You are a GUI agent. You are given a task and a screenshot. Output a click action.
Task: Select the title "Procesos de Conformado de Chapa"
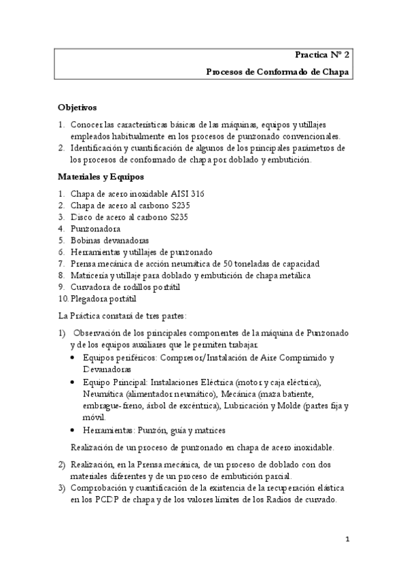(x=278, y=71)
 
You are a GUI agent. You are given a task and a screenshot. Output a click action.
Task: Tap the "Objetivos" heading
(x=77, y=108)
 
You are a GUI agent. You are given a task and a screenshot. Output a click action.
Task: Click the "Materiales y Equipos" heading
(x=100, y=177)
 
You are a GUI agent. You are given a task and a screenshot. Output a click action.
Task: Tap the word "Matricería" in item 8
(x=92, y=275)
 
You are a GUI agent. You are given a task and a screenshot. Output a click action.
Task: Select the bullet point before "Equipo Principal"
(x=74, y=382)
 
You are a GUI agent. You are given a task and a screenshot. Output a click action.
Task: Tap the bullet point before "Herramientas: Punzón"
(x=74, y=431)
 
